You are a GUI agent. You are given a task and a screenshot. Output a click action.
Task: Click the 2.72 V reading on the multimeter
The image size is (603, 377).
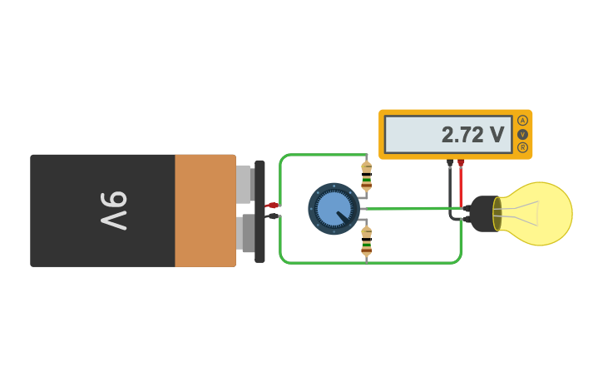(472, 135)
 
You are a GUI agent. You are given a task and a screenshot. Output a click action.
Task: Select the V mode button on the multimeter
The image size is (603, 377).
(522, 134)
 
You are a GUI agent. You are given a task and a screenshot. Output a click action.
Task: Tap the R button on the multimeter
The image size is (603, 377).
(522, 147)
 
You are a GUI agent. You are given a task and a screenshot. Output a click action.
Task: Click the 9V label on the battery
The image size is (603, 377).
(113, 210)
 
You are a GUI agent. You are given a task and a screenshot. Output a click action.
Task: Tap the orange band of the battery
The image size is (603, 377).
(205, 210)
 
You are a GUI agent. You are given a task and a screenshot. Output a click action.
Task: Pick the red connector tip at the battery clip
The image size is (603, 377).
(271, 205)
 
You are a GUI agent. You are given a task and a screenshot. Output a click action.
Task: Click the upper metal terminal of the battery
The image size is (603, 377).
(243, 184)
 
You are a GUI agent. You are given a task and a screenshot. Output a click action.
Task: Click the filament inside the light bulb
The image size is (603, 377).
(526, 213)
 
